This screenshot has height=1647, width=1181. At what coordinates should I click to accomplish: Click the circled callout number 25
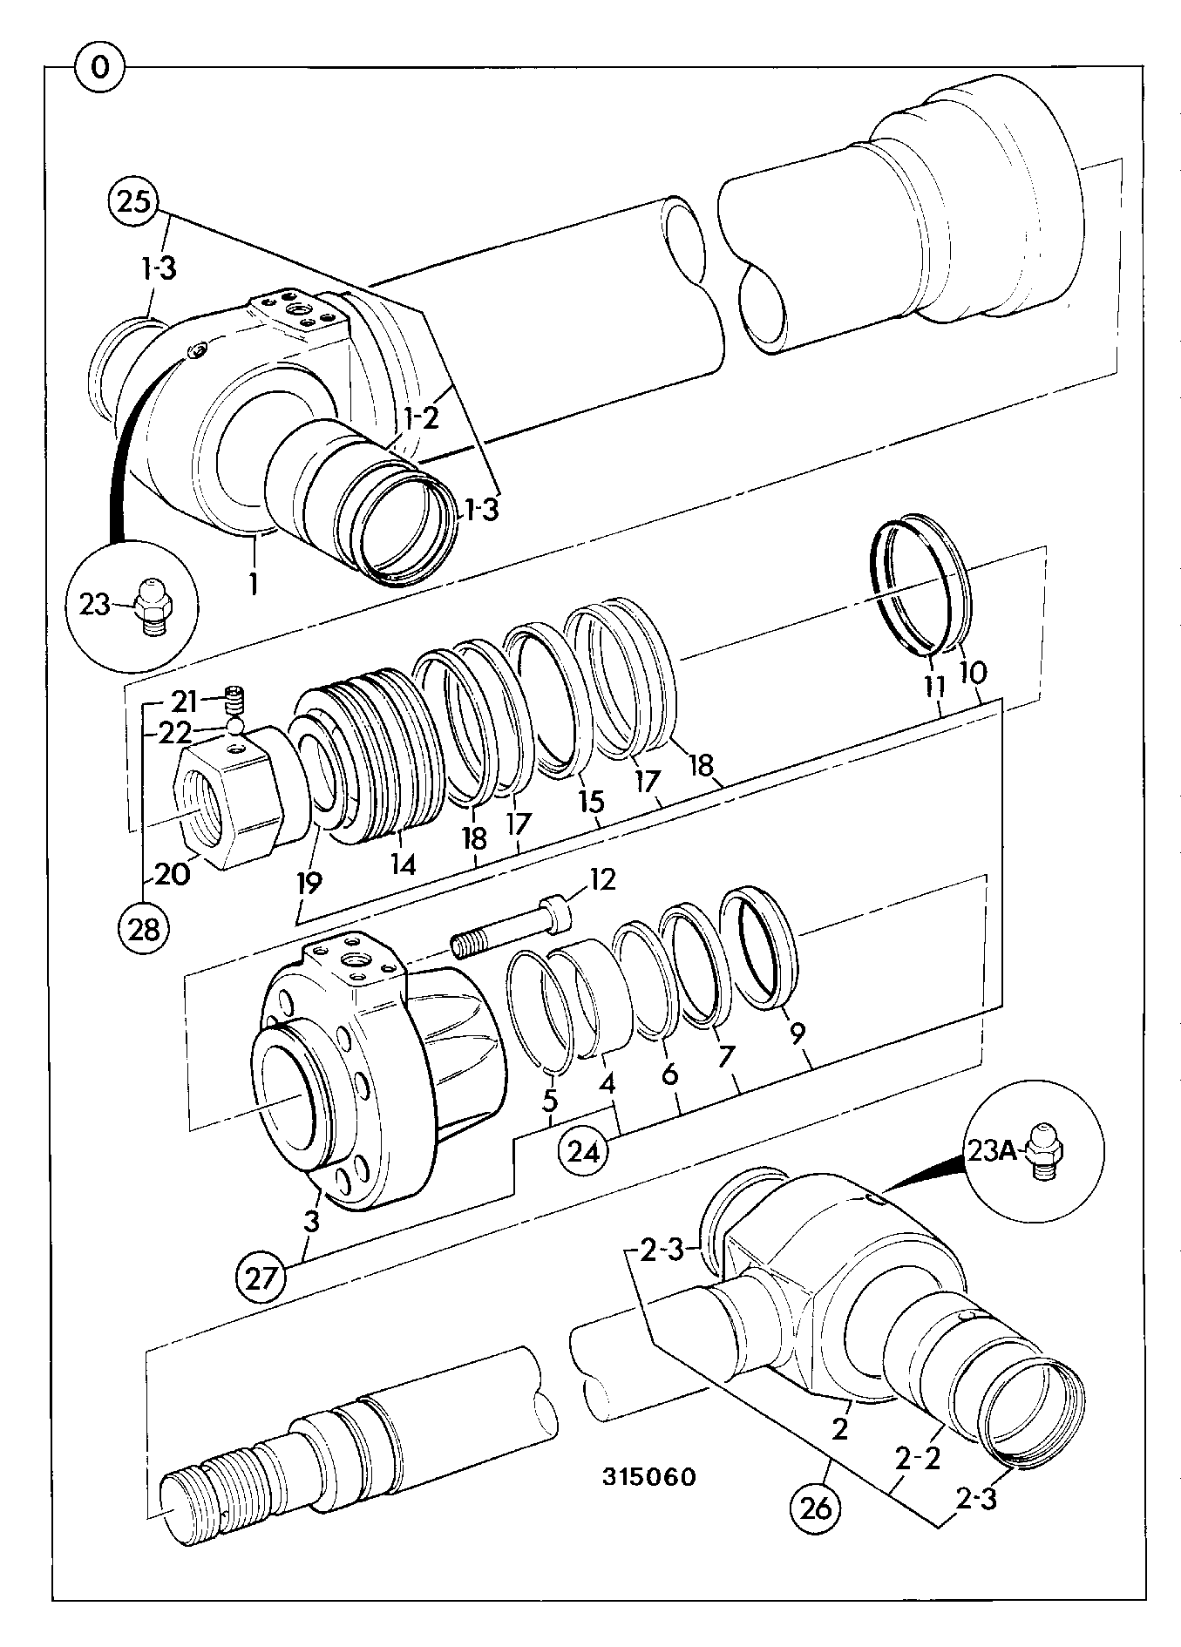click(132, 202)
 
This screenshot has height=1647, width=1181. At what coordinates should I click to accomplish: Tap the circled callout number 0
click(100, 67)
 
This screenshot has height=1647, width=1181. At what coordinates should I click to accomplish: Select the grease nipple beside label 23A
click(1042, 1150)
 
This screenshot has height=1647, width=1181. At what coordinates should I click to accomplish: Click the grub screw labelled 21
click(236, 698)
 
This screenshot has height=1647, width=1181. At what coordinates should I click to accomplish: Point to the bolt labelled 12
click(512, 929)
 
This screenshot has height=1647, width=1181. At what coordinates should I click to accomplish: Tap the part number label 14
click(403, 864)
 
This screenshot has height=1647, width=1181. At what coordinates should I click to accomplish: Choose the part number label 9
click(796, 1033)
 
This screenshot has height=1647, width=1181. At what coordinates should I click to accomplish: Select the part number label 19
click(309, 882)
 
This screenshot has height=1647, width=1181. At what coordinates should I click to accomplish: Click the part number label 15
click(590, 799)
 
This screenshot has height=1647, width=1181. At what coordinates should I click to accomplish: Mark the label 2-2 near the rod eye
click(917, 1459)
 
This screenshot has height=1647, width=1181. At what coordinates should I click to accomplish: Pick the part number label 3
click(311, 1221)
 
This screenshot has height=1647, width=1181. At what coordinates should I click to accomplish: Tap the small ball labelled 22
click(234, 725)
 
